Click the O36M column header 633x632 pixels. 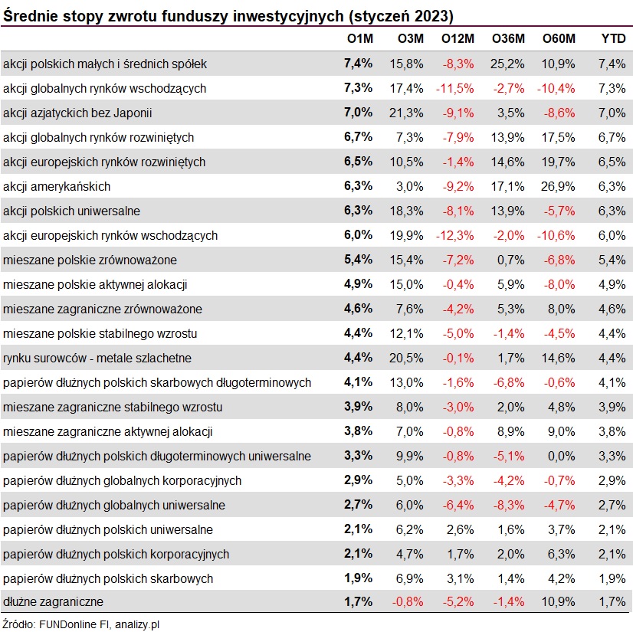point(508,39)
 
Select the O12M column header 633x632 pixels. point(458,39)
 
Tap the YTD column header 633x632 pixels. point(613,39)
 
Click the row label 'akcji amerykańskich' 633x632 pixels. point(57,186)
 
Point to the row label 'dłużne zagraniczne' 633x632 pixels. point(53,601)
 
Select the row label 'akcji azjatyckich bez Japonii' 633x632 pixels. point(77,113)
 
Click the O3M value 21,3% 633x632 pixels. point(406,113)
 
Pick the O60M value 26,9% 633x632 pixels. point(558,186)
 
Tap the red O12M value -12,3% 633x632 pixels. point(455,236)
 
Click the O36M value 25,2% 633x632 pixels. point(507,64)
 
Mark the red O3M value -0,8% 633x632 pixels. point(408,601)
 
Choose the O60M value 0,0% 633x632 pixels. point(561,456)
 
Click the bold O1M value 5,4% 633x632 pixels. point(358,260)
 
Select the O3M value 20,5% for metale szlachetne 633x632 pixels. point(406,358)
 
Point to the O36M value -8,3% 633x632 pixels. point(509,506)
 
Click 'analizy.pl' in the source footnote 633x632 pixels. point(137,625)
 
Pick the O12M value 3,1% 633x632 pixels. point(461,578)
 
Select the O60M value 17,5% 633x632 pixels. point(558,138)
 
